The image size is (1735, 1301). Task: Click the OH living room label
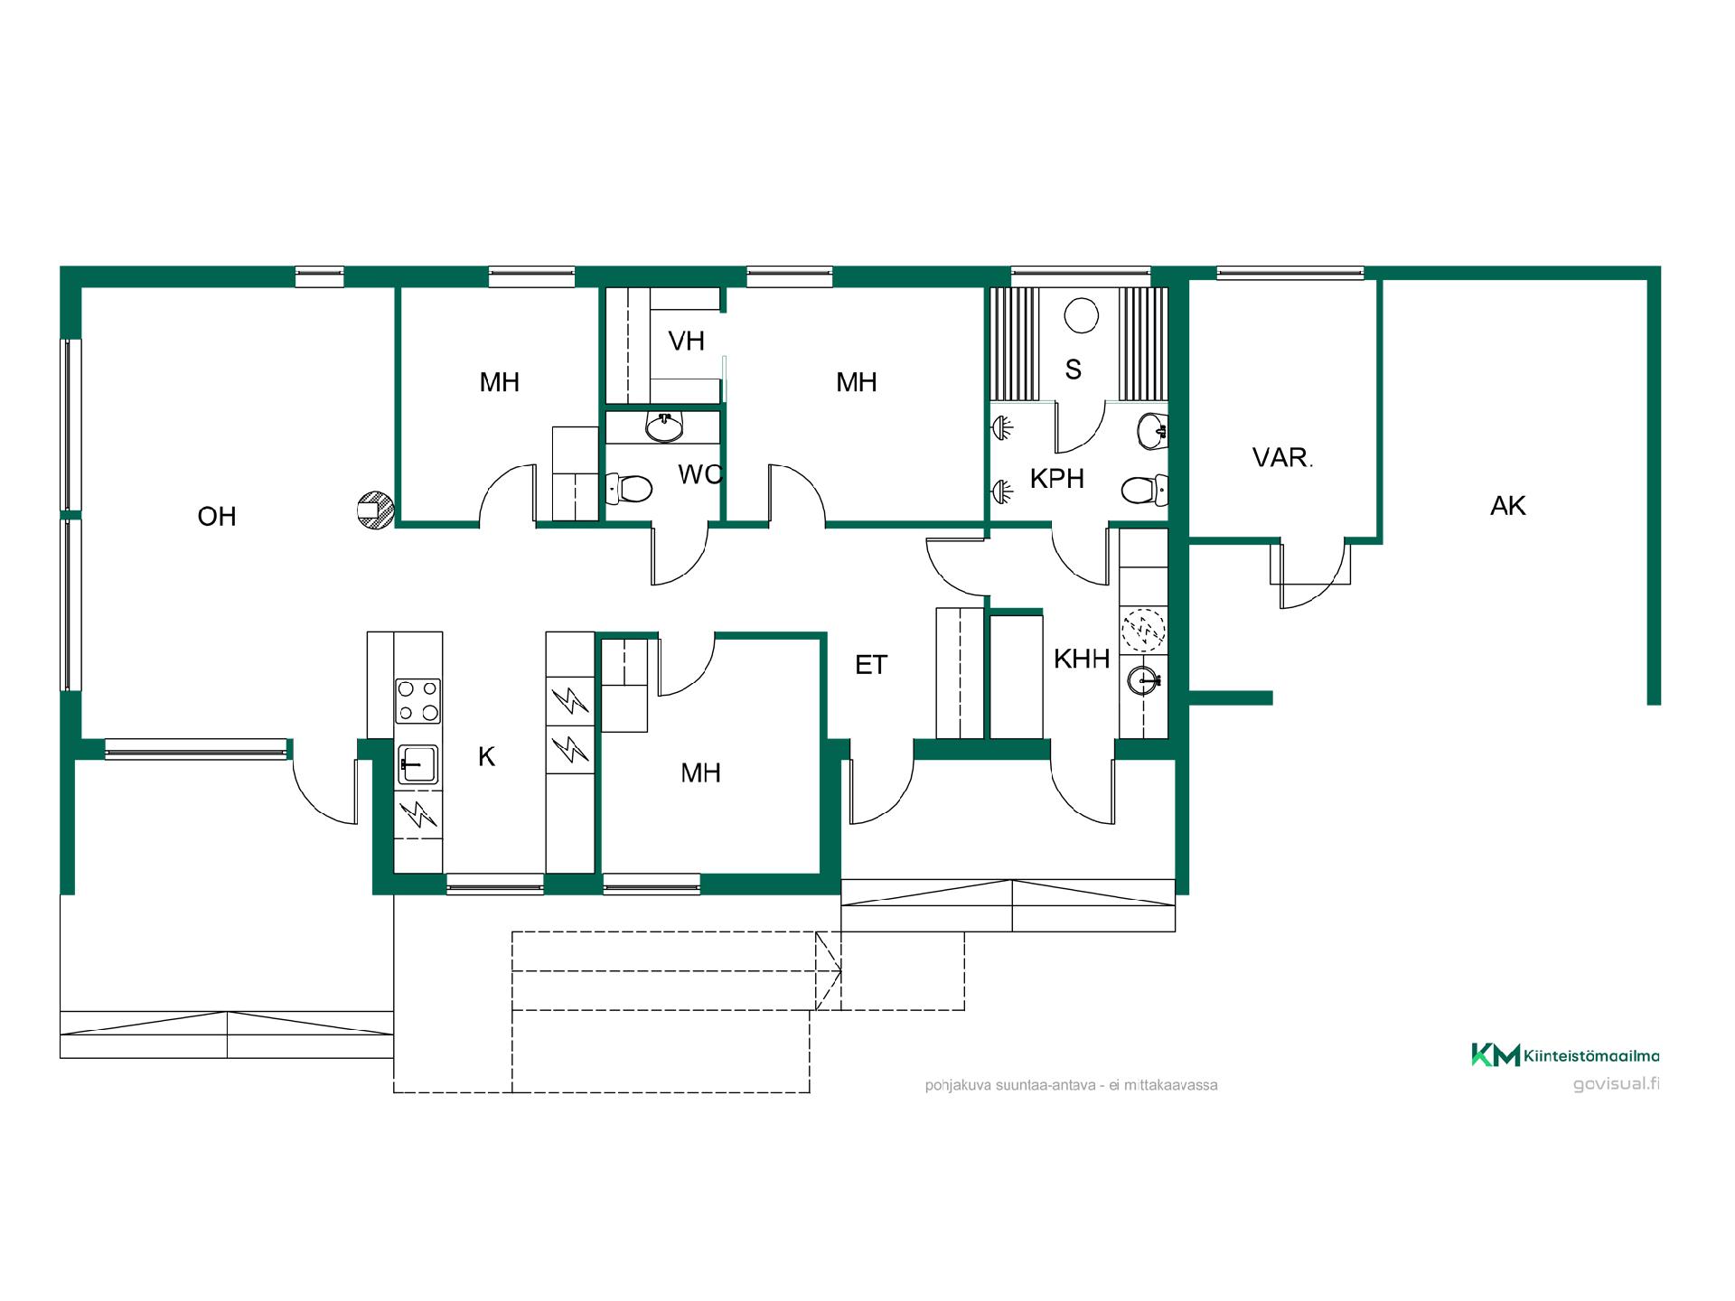pos(217,517)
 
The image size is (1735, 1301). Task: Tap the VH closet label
pos(686,341)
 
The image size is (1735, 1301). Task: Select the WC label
pos(700,474)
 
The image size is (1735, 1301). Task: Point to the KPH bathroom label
pos(1057,479)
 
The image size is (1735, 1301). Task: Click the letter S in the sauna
pos(1074,370)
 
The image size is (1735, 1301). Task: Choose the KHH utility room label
pos(1082,660)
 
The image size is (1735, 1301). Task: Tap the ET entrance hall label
pos(871,666)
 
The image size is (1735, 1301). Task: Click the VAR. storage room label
pos(1282,458)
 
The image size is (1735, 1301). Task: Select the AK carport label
pos(1508,506)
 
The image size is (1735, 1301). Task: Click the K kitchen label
pos(486,757)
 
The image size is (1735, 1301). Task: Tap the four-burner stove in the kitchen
pos(418,701)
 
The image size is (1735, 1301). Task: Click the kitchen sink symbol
pos(417,764)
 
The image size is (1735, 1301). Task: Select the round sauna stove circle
pos(1081,316)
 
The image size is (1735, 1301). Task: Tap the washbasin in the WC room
pos(665,427)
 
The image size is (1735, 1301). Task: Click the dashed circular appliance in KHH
pos(1143,630)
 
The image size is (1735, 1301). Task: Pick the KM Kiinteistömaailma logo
pos(1565,1055)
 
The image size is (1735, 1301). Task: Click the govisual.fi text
pos(1616,1084)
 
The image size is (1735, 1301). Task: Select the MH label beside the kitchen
pos(701,773)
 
